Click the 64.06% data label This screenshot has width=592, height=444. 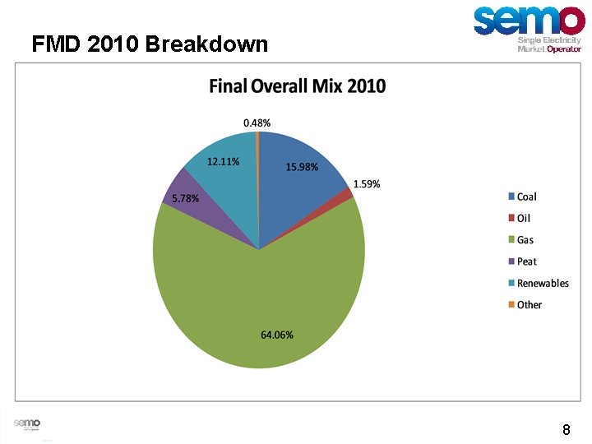[x=277, y=335]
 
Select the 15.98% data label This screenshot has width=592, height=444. [x=303, y=167]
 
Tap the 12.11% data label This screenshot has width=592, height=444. [x=224, y=162]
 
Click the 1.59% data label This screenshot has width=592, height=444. [x=367, y=184]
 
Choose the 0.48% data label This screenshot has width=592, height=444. [x=257, y=123]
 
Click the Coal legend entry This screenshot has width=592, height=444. [x=526, y=197]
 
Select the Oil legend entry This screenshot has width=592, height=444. [x=524, y=218]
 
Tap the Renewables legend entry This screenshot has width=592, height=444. [x=542, y=283]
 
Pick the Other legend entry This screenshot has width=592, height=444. [x=529, y=304]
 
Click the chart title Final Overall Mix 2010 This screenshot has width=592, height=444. [x=297, y=86]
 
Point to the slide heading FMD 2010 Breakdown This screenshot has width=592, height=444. [x=150, y=44]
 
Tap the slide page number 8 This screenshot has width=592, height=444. [x=567, y=429]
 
